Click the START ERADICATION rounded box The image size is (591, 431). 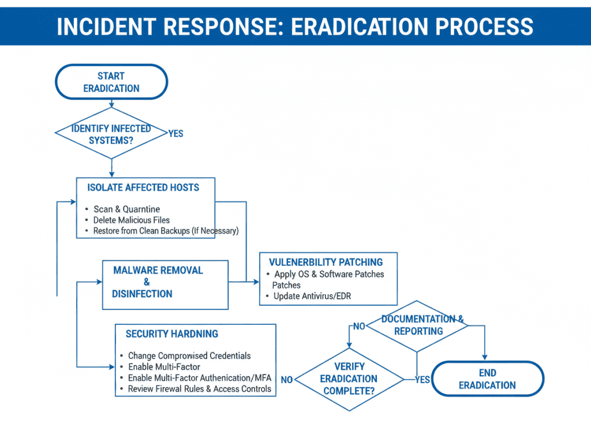coord(111,82)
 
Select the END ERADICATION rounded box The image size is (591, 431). coord(488,379)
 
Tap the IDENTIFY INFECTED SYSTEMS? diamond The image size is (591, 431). coord(111,134)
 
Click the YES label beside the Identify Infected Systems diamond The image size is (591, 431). coord(175,134)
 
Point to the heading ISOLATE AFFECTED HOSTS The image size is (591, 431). coord(143,188)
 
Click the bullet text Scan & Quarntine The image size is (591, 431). coord(126,209)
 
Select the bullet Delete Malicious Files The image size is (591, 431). coord(132,220)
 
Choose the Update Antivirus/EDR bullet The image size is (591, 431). coord(312,296)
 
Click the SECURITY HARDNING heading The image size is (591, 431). coord(172,334)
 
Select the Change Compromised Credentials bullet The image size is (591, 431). coord(189,356)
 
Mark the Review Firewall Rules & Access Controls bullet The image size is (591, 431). coord(199,389)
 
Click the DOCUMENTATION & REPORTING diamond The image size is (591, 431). coord(418,325)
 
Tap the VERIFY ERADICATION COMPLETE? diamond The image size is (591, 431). coord(349,379)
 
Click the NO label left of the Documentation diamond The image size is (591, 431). coord(359,327)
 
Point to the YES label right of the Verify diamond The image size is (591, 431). coord(422,380)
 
